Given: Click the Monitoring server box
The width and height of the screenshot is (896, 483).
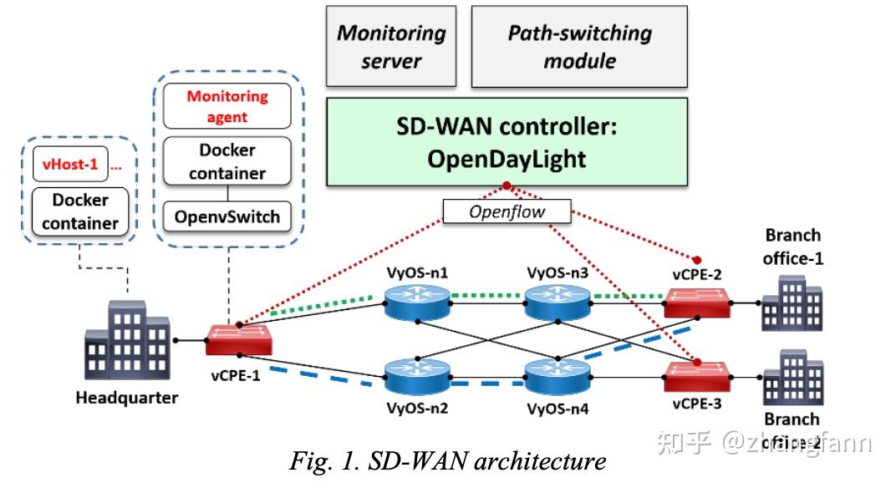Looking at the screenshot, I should (x=390, y=47).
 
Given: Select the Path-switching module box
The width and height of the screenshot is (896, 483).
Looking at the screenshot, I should (x=579, y=47).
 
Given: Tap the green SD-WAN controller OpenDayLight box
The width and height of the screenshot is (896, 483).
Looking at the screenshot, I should (x=507, y=141).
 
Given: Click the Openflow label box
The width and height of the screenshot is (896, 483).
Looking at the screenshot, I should (x=507, y=211).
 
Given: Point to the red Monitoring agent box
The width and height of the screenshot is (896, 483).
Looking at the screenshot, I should (x=227, y=106).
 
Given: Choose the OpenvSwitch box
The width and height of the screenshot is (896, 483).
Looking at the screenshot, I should (x=227, y=217).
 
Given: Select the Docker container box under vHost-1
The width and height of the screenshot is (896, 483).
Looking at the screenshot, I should (x=80, y=211).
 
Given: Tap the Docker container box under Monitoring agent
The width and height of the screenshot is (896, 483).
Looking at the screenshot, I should (x=227, y=161).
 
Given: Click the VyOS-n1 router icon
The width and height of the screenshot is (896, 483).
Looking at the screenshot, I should (x=416, y=302).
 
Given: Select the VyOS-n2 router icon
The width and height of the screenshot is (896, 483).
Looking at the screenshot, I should (x=416, y=377).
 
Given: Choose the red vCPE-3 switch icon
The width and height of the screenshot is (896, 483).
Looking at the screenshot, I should (x=696, y=377).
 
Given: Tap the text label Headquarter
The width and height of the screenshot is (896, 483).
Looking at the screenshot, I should (x=127, y=398).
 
